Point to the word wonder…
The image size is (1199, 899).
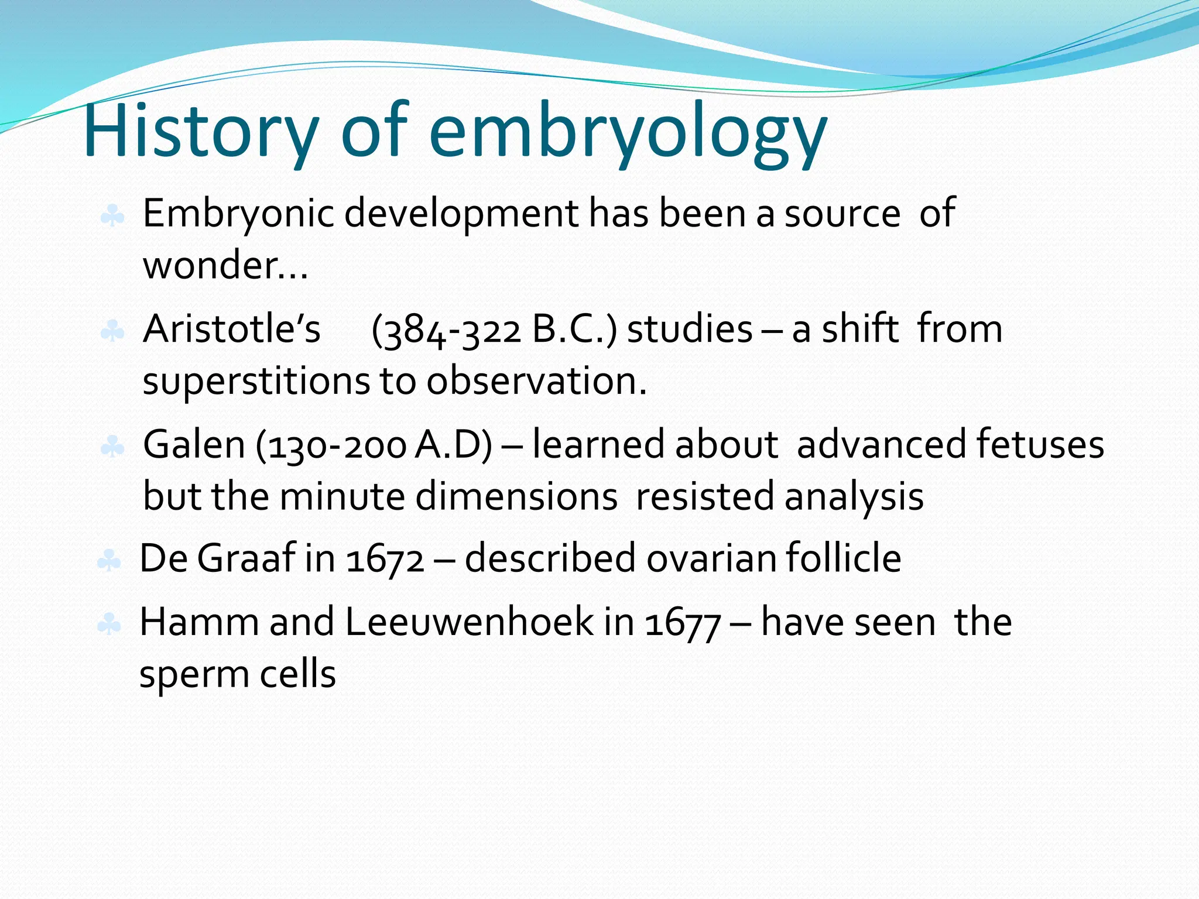point(225,266)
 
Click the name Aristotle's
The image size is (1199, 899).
point(232,329)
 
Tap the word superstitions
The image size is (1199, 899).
point(256,382)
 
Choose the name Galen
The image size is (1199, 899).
point(194,444)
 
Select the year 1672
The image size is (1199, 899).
point(385,559)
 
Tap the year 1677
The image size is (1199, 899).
point(683,624)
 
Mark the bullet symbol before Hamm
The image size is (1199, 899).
point(109,625)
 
